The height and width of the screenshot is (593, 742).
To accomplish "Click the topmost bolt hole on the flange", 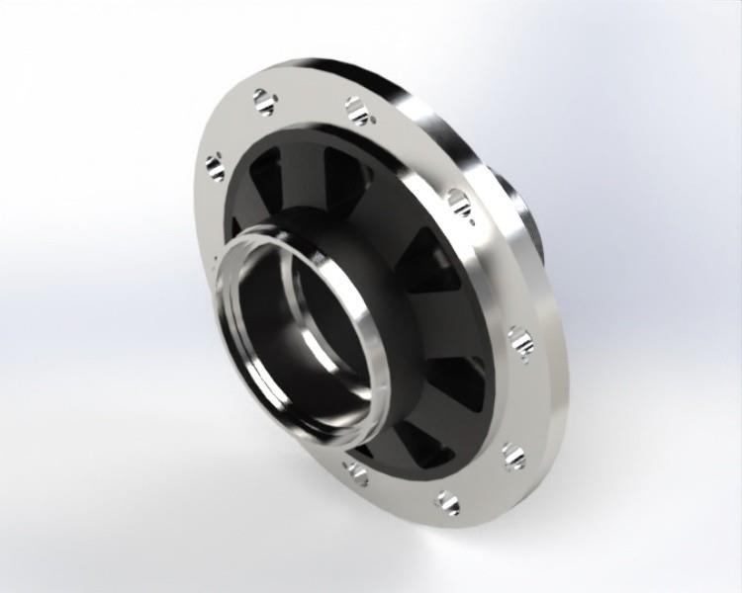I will click(x=262, y=101).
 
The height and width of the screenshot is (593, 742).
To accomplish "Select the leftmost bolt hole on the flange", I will click(x=214, y=164).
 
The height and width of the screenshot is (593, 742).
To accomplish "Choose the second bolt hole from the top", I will click(x=357, y=111).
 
